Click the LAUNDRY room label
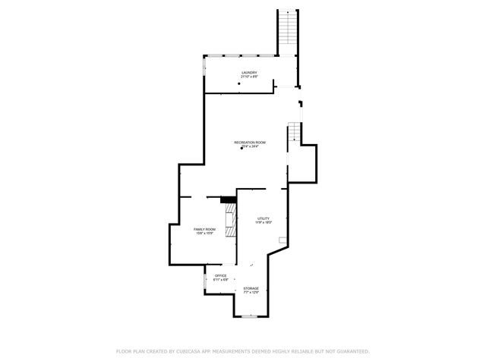coord(249,73)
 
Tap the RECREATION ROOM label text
coord(249,142)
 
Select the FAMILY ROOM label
coord(204,229)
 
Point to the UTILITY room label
coord(263,218)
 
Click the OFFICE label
coord(220,275)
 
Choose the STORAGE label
coord(251,288)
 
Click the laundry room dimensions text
coord(249,77)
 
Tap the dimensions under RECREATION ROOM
coord(250,146)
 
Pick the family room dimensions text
coord(204,234)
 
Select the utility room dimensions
coord(263,223)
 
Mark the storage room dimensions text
coord(251,293)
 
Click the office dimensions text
coord(220,280)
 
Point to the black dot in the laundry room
coord(238,83)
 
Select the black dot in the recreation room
coord(241,149)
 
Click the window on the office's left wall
coord(205,282)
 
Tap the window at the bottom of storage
coord(250,316)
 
